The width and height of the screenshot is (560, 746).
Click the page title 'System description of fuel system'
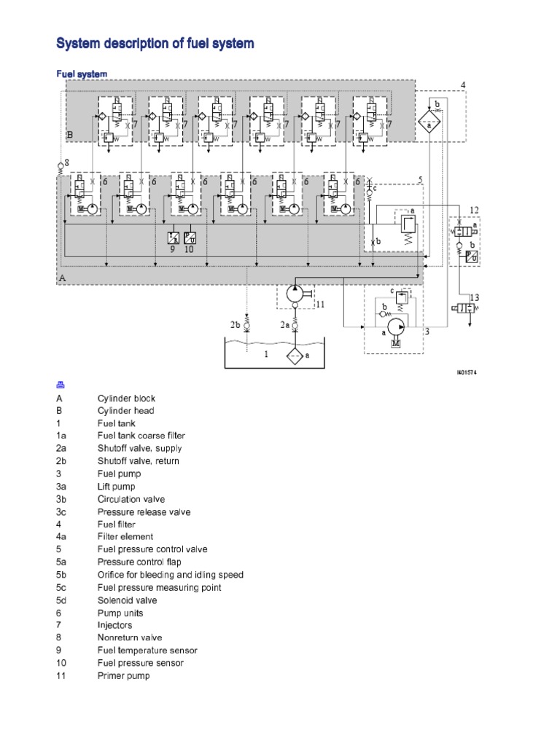coord(155,44)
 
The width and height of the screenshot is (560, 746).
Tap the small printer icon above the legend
coord(61,385)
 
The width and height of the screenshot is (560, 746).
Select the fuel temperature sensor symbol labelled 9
coord(174,237)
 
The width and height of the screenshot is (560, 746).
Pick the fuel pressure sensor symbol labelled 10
coord(190,237)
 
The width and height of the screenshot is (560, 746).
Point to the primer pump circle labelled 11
coord(295,294)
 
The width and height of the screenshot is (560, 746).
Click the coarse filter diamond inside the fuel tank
coord(295,356)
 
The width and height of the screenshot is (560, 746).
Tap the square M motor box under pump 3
coord(396,343)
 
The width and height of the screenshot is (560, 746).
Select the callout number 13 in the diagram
coord(475,297)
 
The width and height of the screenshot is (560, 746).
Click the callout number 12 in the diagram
coord(474,211)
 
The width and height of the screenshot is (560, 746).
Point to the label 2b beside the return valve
coord(236,324)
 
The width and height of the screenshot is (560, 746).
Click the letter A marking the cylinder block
coord(62,278)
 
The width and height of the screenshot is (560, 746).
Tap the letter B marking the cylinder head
coord(70,135)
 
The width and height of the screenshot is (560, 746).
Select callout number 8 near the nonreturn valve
coord(66,162)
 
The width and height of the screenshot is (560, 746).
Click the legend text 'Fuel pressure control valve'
coord(152,549)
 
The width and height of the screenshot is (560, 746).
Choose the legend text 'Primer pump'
coord(123,676)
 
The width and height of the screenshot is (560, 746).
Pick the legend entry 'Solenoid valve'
coord(127,600)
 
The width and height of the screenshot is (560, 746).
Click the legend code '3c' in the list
coord(62,512)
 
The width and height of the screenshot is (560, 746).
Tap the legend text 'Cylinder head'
coord(126,411)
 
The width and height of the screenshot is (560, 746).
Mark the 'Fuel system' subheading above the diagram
coord(82,74)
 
